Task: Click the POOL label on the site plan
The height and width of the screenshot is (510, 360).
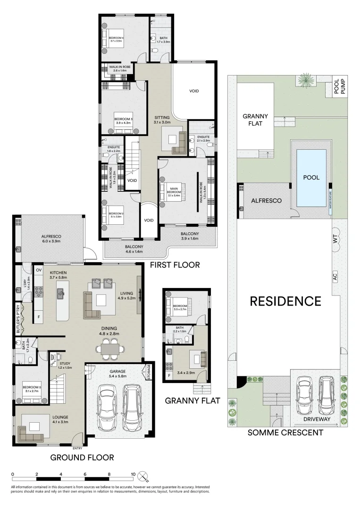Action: pyautogui.click(x=311, y=178)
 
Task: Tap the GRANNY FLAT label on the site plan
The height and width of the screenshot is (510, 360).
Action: pyautogui.click(x=255, y=120)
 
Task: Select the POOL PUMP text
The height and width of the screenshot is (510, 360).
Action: pyautogui.click(x=340, y=86)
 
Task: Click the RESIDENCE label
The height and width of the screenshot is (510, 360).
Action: pyautogui.click(x=285, y=301)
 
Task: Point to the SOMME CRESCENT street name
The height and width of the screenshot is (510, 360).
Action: pyautogui.click(x=285, y=432)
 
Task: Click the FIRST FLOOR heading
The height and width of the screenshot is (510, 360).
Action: pyautogui.click(x=175, y=264)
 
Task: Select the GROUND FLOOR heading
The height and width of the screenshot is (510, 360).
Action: pyautogui.click(x=82, y=457)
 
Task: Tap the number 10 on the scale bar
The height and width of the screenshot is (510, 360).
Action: pyautogui.click(x=133, y=474)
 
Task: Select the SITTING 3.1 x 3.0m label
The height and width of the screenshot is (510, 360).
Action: pyautogui.click(x=162, y=119)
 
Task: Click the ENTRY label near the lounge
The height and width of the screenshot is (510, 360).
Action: pyautogui.click(x=77, y=448)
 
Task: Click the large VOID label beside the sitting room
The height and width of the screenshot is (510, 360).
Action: pyautogui.click(x=194, y=91)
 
